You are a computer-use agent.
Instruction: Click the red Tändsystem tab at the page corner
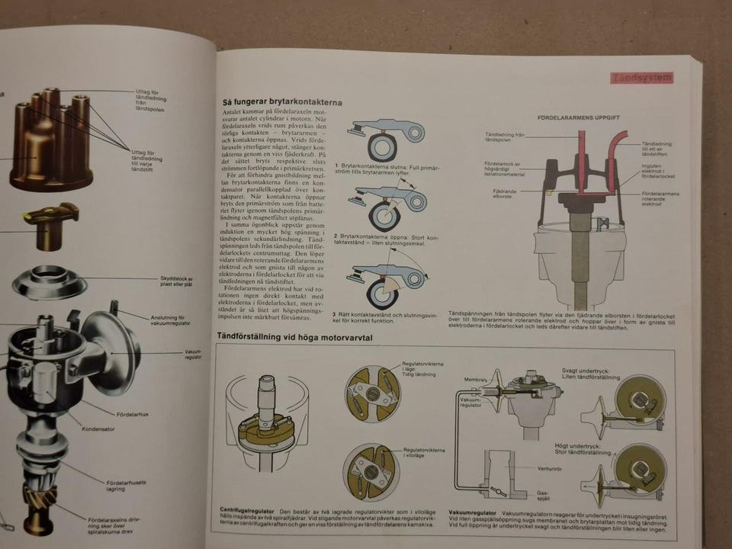641,77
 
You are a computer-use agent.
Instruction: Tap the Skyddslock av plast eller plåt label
178,283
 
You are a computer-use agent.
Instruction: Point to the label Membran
475,379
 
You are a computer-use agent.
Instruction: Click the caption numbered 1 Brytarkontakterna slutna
380,169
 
